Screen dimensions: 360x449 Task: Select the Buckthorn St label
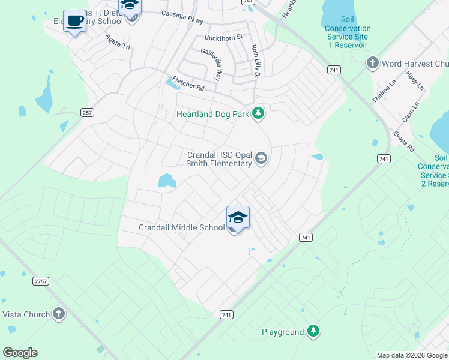coord(223,37)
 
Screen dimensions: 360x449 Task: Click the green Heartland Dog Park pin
coord(258,113)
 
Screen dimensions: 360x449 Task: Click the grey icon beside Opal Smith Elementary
coord(261,158)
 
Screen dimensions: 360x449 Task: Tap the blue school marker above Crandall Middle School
coord(238,217)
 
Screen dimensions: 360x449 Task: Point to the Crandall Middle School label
coord(181,228)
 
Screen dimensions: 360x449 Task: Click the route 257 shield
coord(88,113)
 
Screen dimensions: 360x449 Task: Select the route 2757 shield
coord(41,281)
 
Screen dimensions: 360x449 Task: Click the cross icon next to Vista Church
coord(58,313)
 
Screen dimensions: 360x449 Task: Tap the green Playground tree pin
coord(312,331)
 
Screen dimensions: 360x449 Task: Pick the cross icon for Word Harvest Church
coord(372,63)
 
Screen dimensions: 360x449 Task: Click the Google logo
coord(20,353)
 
